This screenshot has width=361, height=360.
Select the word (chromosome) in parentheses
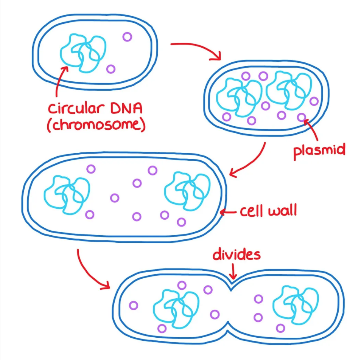click(x=96, y=125)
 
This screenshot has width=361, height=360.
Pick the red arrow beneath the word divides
click(x=233, y=271)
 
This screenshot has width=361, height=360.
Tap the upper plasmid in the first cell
click(x=127, y=37)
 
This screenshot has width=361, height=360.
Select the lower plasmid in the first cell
click(x=110, y=69)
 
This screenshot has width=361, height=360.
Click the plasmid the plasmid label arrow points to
click(x=302, y=117)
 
